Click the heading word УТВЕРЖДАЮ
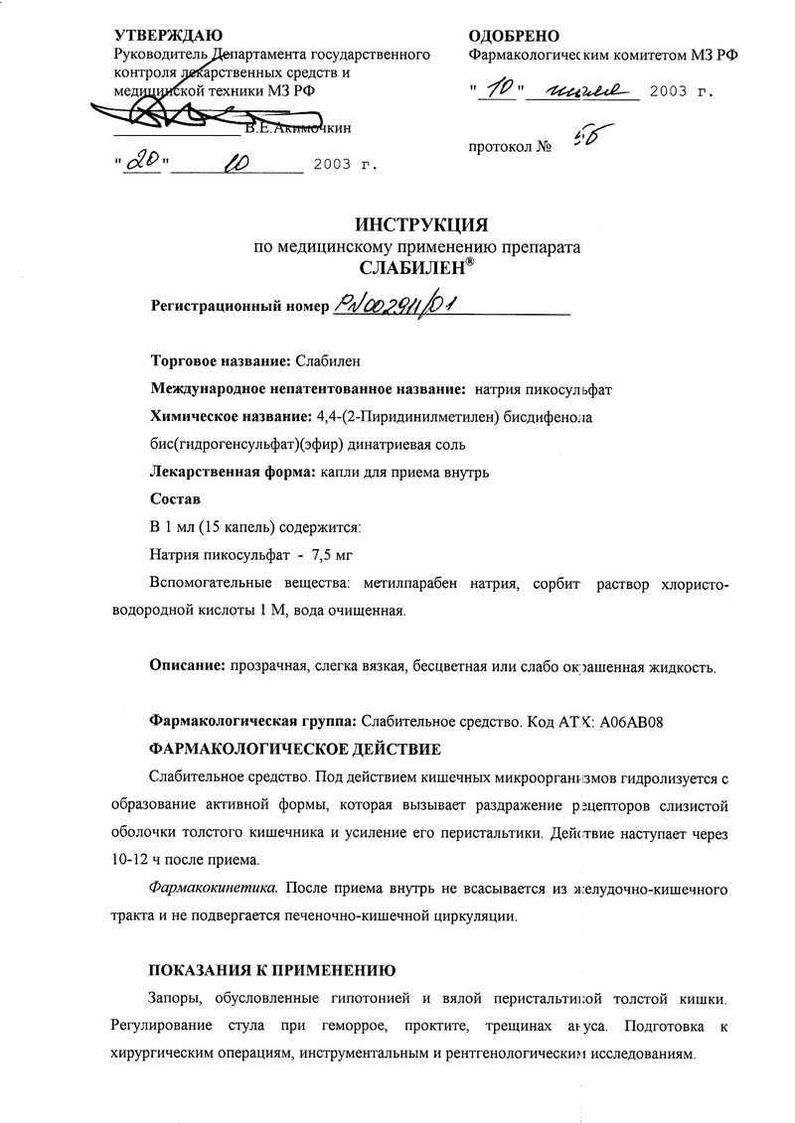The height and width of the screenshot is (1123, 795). [163, 35]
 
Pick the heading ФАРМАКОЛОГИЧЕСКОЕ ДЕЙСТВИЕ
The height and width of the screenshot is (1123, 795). [293, 747]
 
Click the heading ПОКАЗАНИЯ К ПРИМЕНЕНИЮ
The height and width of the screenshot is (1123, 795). [272, 969]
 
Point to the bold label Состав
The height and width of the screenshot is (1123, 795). [174, 497]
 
